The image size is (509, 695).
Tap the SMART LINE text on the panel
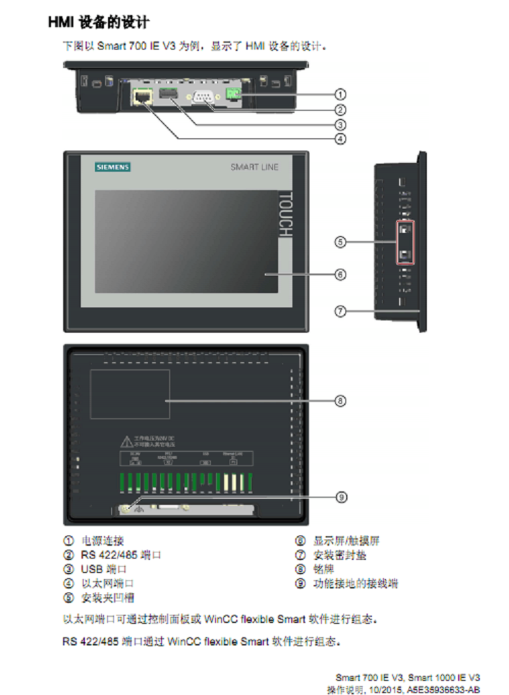(254, 167)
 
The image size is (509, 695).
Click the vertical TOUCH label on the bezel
(285, 214)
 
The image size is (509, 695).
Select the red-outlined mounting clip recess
(405, 242)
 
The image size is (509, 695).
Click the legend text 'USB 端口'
(104, 569)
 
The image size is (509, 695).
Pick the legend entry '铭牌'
(323, 569)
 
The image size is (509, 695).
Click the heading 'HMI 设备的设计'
(99, 22)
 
